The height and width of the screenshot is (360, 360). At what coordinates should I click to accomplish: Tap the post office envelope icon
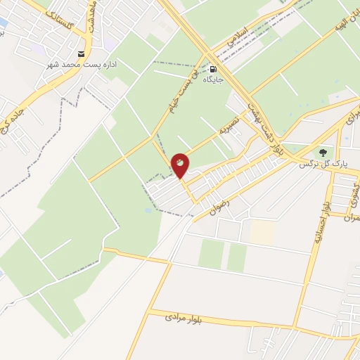coord(82,54)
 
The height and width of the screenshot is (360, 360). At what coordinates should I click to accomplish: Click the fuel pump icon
coord(213,69)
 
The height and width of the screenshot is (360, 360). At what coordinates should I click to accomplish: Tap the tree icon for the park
coord(323,152)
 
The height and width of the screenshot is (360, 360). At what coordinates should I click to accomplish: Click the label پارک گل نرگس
coord(314,165)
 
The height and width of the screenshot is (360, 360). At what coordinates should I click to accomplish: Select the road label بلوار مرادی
coord(184,318)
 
